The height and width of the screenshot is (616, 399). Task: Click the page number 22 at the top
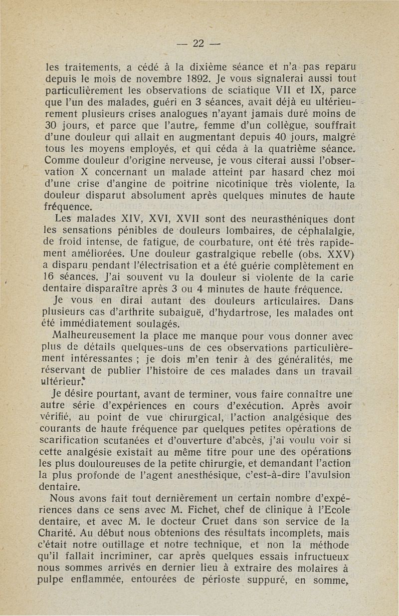[x=199, y=43]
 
